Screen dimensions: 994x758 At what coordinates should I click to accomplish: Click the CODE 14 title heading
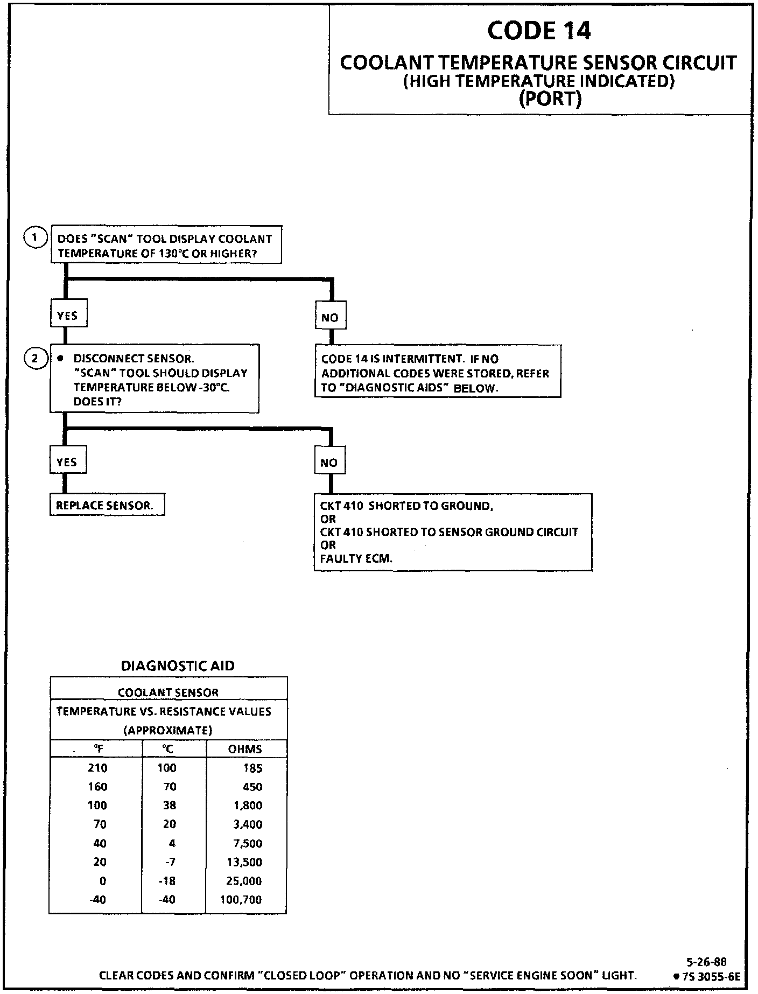538,31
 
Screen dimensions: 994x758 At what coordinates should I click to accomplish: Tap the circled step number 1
35,237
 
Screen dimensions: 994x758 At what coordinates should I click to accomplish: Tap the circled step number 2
35,358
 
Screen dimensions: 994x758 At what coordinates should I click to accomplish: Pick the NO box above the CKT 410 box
329,463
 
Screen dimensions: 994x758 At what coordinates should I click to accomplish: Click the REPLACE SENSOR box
107,506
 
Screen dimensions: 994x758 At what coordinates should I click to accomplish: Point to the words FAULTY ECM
356,558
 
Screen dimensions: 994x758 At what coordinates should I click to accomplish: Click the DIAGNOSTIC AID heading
178,666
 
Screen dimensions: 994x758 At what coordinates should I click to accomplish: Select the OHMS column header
245,749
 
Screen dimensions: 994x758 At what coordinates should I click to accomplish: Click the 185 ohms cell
252,768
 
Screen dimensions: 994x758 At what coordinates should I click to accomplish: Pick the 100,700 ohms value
241,900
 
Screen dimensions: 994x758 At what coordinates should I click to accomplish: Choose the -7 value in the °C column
170,862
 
